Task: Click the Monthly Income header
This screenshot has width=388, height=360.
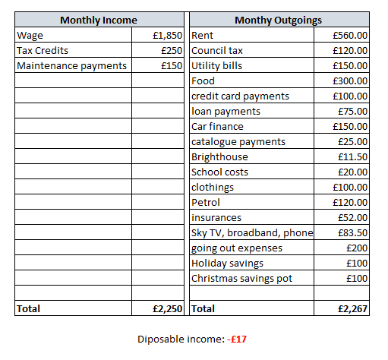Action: point(99,21)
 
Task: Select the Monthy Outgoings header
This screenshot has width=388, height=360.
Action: point(278,21)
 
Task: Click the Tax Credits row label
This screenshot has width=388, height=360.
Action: point(43,51)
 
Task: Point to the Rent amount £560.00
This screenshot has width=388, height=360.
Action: point(350,36)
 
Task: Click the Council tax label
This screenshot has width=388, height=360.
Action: point(217,51)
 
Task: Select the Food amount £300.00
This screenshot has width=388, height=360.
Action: point(350,81)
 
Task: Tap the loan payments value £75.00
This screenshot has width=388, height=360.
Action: point(352,112)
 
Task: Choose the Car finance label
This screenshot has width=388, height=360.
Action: point(217,127)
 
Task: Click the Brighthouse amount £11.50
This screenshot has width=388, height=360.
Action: point(352,157)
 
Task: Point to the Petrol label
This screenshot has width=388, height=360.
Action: point(205,203)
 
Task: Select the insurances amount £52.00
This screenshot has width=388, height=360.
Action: point(352,218)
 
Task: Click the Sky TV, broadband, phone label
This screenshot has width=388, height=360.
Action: point(252,233)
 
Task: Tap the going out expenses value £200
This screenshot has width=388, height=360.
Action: point(356,248)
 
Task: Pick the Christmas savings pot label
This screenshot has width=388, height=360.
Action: point(241,279)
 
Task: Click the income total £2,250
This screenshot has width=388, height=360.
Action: point(167,309)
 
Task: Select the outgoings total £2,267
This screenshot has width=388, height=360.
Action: point(352,309)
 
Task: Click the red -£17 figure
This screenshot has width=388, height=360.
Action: point(238,339)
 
